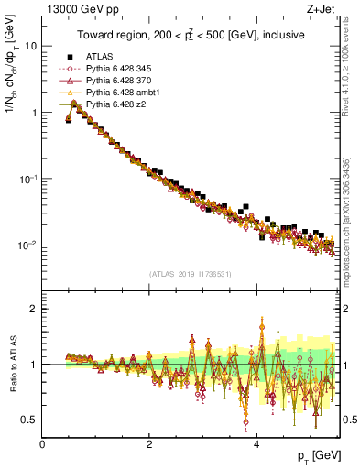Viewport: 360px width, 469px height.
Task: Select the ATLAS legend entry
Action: [100, 55]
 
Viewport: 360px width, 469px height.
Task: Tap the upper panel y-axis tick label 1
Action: [34, 113]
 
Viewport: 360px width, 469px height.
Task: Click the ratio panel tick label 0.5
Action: [29, 420]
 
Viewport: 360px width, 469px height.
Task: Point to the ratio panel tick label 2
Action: [34, 309]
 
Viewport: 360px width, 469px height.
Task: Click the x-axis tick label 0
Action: [42, 444]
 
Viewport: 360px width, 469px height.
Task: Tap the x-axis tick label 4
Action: [256, 444]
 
